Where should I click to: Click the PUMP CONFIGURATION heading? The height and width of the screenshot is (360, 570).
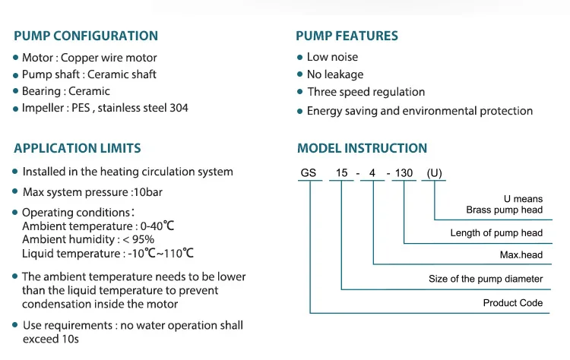[86, 36]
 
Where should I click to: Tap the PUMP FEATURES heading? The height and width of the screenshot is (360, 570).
[347, 36]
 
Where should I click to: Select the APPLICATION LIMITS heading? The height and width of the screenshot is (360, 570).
[78, 148]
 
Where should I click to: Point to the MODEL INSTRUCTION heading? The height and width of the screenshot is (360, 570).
[362, 148]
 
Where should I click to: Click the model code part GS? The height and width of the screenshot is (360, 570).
[309, 173]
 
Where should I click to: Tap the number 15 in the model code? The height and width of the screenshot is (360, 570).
[342, 173]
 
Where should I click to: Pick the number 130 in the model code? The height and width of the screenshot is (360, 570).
[404, 173]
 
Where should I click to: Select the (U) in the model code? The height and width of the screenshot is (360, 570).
[435, 173]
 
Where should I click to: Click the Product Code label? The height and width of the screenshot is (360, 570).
[512, 303]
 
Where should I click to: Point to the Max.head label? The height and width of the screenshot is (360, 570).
[521, 255]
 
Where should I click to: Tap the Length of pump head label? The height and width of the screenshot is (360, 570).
[496, 233]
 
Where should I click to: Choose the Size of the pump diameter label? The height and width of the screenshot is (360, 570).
[486, 279]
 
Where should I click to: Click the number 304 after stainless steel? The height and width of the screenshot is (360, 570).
[179, 108]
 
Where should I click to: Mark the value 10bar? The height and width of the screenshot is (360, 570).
[148, 192]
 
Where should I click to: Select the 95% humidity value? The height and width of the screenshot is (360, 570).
[143, 239]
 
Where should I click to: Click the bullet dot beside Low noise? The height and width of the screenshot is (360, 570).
[300, 58]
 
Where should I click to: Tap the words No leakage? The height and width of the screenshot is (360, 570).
[335, 74]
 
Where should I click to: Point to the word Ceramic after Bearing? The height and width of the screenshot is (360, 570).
[89, 91]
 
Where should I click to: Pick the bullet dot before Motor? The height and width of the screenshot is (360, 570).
[15, 58]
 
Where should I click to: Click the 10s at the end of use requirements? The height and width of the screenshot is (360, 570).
[70, 339]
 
